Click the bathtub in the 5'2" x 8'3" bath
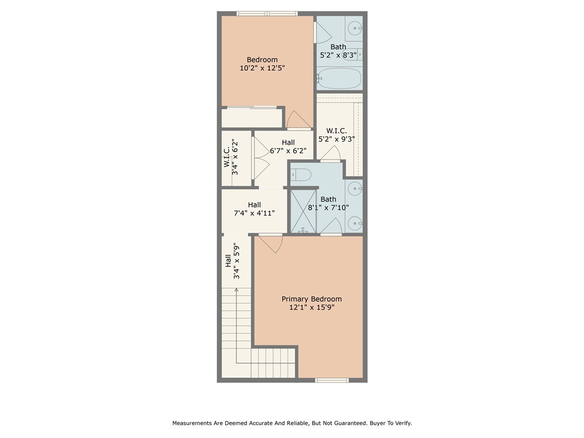pos(339,78)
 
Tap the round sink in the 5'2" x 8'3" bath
pos(354,27)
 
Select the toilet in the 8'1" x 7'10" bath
pos(301,174)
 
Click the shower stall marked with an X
pos(303,211)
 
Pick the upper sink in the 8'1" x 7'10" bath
pos(354,187)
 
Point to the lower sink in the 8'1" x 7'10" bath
pos(354,222)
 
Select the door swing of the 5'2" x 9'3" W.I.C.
pos(331,153)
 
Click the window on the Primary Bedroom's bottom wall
pos(331,380)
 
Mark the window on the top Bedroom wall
pos(267,13)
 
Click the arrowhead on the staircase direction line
pos(236,290)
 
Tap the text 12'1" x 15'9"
pos(311,307)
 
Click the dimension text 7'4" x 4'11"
pos(254,213)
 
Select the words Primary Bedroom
pos(311,299)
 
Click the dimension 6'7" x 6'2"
pos(288,151)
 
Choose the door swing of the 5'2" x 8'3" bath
pos(322,34)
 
